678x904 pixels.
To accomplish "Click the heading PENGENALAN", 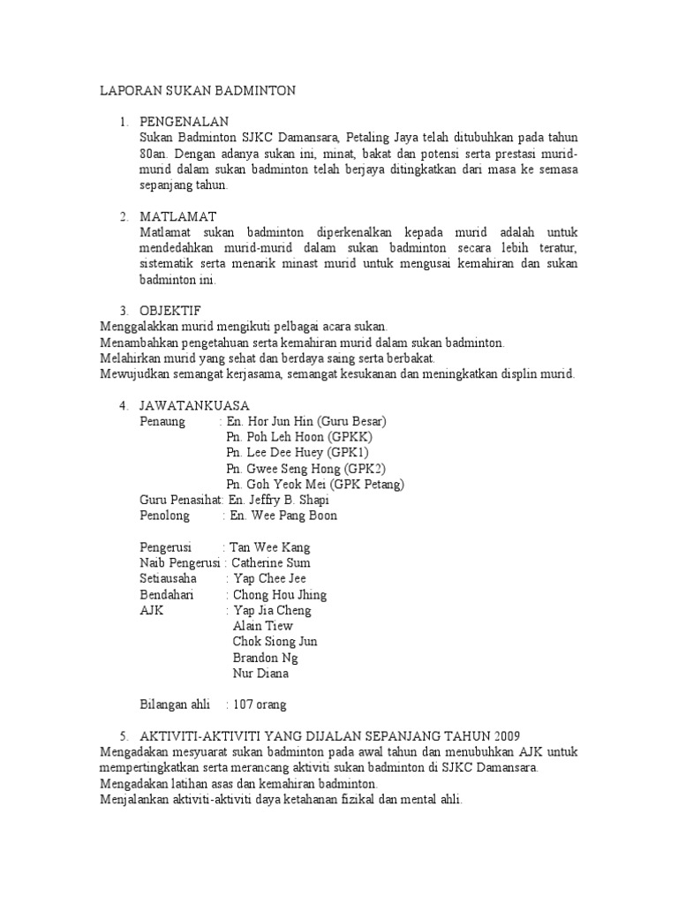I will coord(185,121).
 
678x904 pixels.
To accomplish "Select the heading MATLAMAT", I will coord(178,216).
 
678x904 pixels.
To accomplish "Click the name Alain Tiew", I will coord(262,626).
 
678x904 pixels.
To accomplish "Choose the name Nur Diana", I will coord(260,674).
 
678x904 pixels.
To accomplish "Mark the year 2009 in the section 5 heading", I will coord(506,736).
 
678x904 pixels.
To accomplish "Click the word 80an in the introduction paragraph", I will coord(153,154).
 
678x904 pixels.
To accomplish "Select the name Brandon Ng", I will coord(265,658).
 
